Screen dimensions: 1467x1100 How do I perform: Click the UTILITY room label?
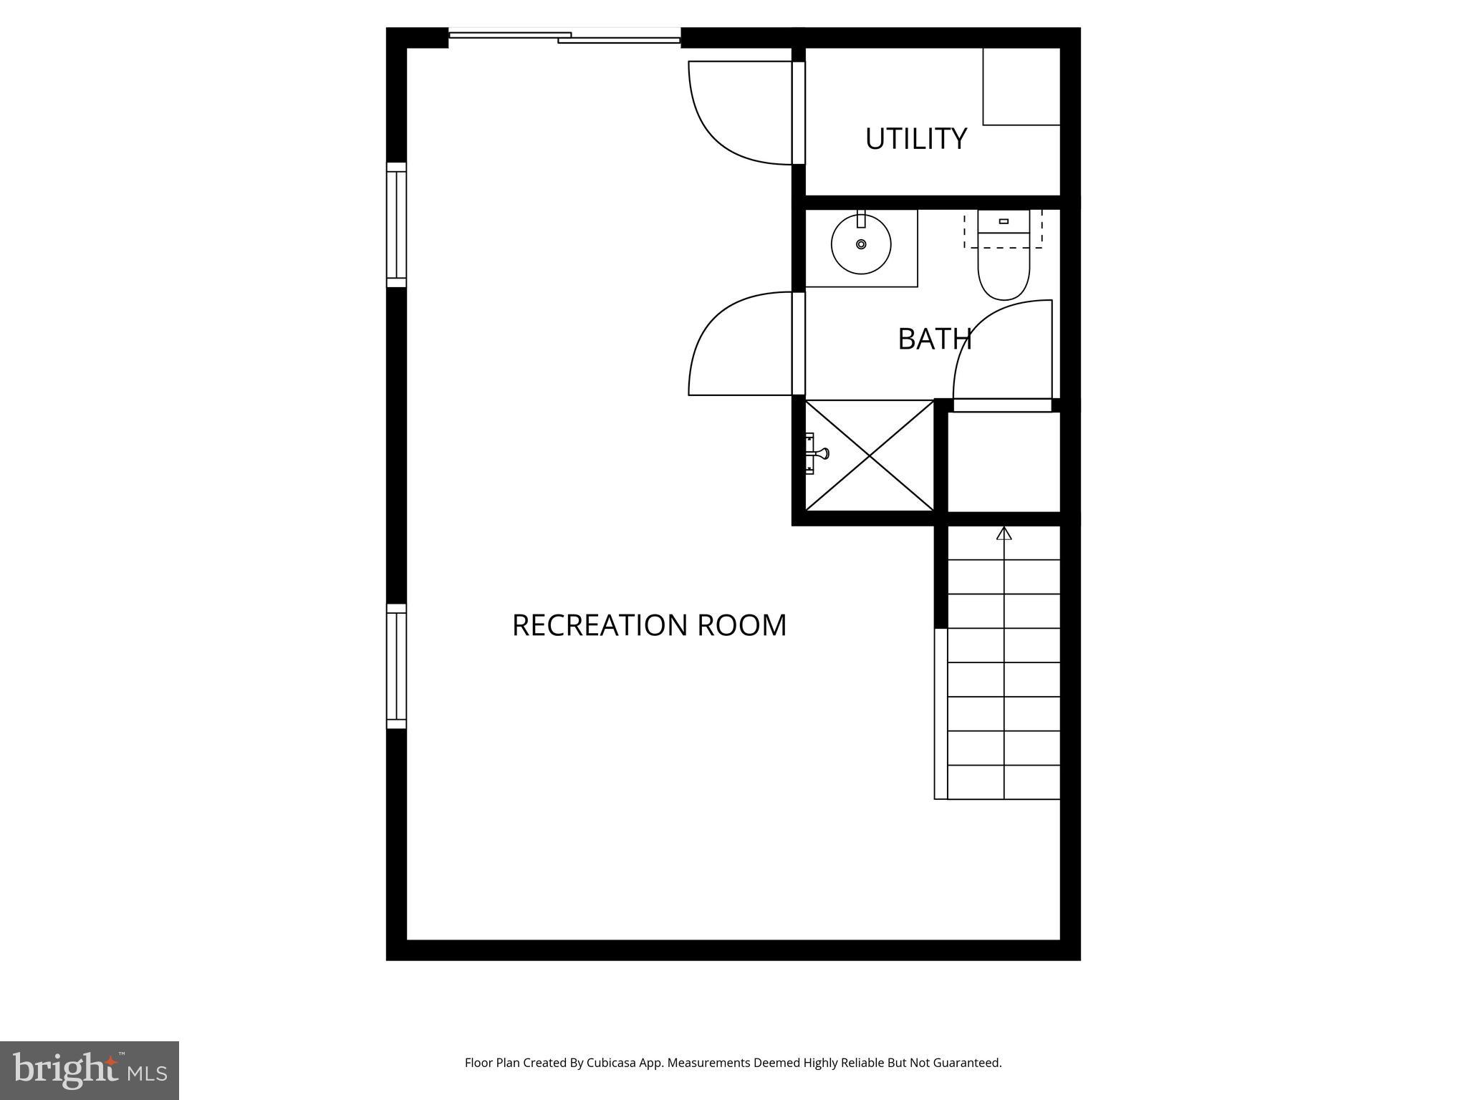click(916, 139)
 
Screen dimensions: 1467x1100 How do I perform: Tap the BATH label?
click(935, 339)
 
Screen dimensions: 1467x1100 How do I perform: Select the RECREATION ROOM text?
click(649, 625)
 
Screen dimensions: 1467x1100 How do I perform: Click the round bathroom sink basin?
click(861, 244)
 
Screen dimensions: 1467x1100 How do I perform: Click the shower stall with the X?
click(870, 455)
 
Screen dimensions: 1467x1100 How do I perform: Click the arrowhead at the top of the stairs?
click(1004, 533)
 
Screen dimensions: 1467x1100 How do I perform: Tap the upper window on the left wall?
click(396, 225)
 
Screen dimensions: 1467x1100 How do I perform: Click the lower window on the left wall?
click(396, 666)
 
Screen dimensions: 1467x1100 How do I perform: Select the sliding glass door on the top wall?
click(564, 36)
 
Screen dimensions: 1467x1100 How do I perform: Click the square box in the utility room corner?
click(1021, 87)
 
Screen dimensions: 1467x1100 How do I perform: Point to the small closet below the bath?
click(1004, 462)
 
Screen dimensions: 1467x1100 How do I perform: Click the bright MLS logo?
click(90, 1071)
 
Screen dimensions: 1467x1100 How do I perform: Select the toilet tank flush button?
click(1004, 221)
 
